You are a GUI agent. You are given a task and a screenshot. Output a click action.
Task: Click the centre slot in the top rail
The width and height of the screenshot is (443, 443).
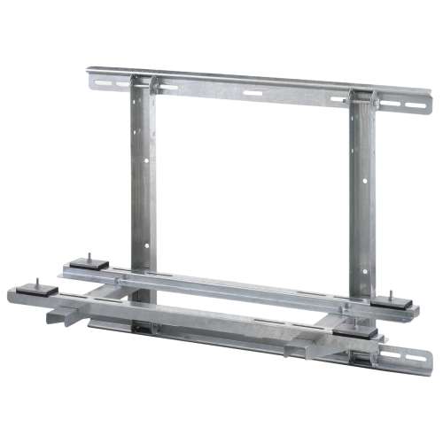point(253,92)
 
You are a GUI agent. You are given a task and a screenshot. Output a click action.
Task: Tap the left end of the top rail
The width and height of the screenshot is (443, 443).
point(92,76)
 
